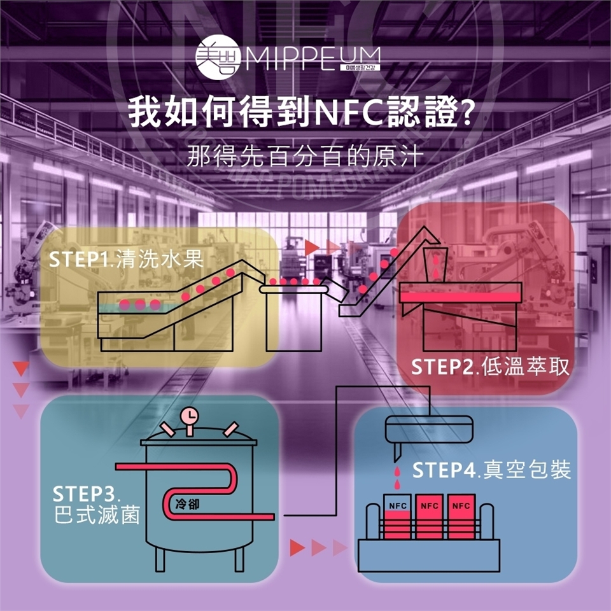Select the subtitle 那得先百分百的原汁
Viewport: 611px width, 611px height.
tap(305, 157)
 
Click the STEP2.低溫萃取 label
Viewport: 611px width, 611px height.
tap(489, 367)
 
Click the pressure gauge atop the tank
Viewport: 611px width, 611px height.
tap(189, 416)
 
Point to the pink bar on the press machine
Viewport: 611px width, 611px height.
tap(460, 297)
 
